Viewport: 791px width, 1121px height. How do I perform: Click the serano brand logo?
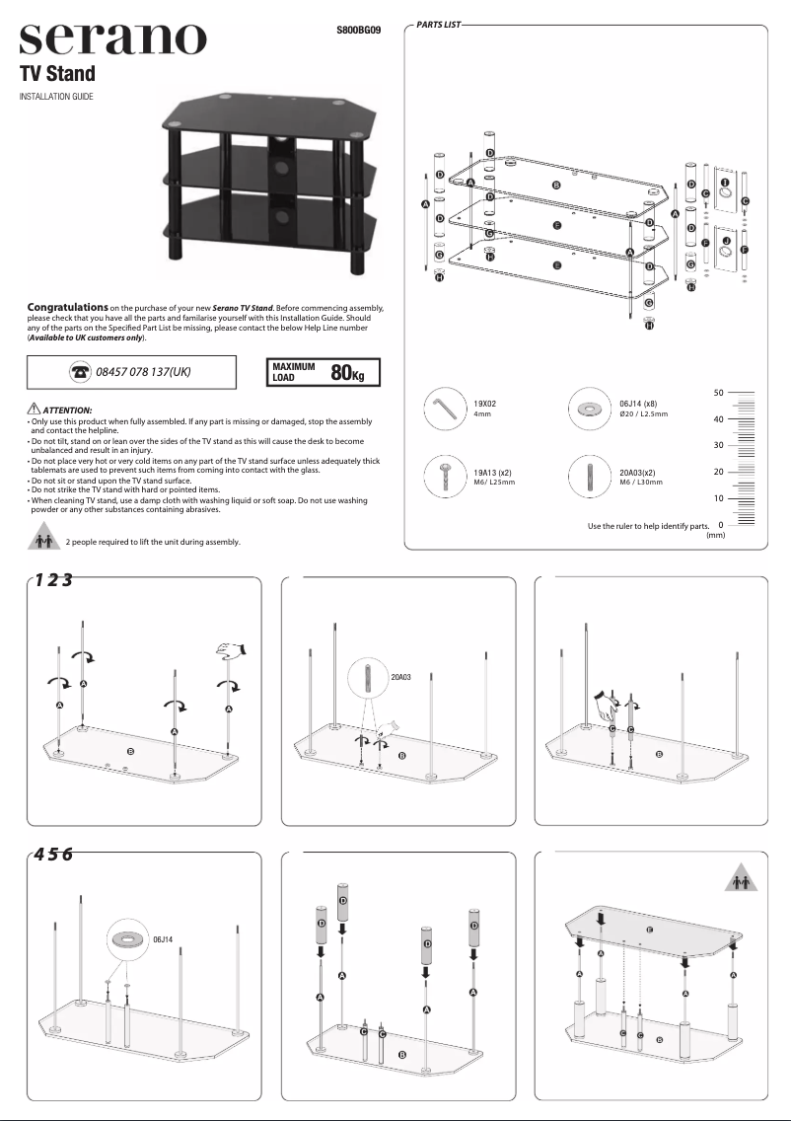coord(113,39)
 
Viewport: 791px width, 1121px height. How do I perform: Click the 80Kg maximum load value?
coord(348,372)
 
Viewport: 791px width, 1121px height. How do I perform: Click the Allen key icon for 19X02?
coord(446,408)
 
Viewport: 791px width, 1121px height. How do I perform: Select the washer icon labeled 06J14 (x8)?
coord(591,408)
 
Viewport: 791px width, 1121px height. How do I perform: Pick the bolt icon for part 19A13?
coord(446,477)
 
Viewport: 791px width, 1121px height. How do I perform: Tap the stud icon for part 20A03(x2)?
coord(591,477)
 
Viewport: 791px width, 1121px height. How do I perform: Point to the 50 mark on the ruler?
coord(720,393)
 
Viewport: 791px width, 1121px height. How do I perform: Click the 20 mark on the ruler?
coord(720,472)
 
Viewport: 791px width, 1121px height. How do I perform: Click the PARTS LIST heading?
coord(439,23)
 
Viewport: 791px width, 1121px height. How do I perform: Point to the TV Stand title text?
coord(58,74)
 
